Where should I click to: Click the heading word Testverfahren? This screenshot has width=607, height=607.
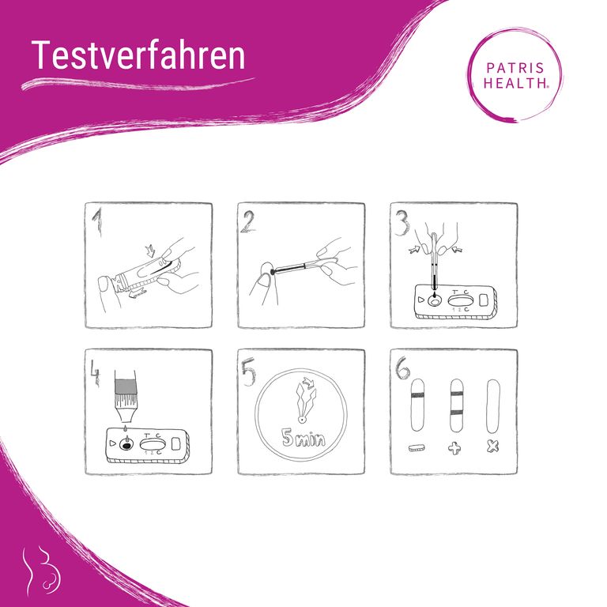(138, 55)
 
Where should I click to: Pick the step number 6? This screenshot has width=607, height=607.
(402, 369)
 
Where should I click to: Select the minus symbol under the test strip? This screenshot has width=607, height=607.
(417, 448)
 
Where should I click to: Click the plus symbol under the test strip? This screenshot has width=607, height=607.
(455, 448)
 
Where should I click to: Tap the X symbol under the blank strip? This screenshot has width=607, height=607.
(493, 447)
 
